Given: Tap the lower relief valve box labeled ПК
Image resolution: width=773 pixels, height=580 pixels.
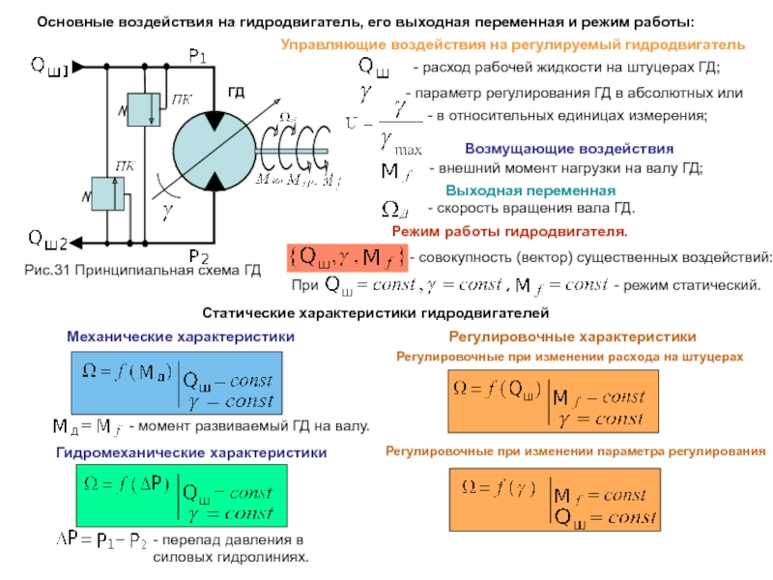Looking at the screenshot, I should click(x=106, y=193).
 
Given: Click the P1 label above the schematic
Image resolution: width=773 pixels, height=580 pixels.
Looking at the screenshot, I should click(x=198, y=58).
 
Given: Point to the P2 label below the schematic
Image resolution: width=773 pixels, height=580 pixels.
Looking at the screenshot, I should click(x=198, y=256).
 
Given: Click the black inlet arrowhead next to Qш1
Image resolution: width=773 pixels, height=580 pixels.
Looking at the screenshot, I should click(x=78, y=67).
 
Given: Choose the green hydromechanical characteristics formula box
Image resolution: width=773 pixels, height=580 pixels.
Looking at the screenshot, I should click(x=180, y=494).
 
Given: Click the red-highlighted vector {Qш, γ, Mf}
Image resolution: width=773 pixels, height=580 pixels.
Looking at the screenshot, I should click(x=345, y=258).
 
